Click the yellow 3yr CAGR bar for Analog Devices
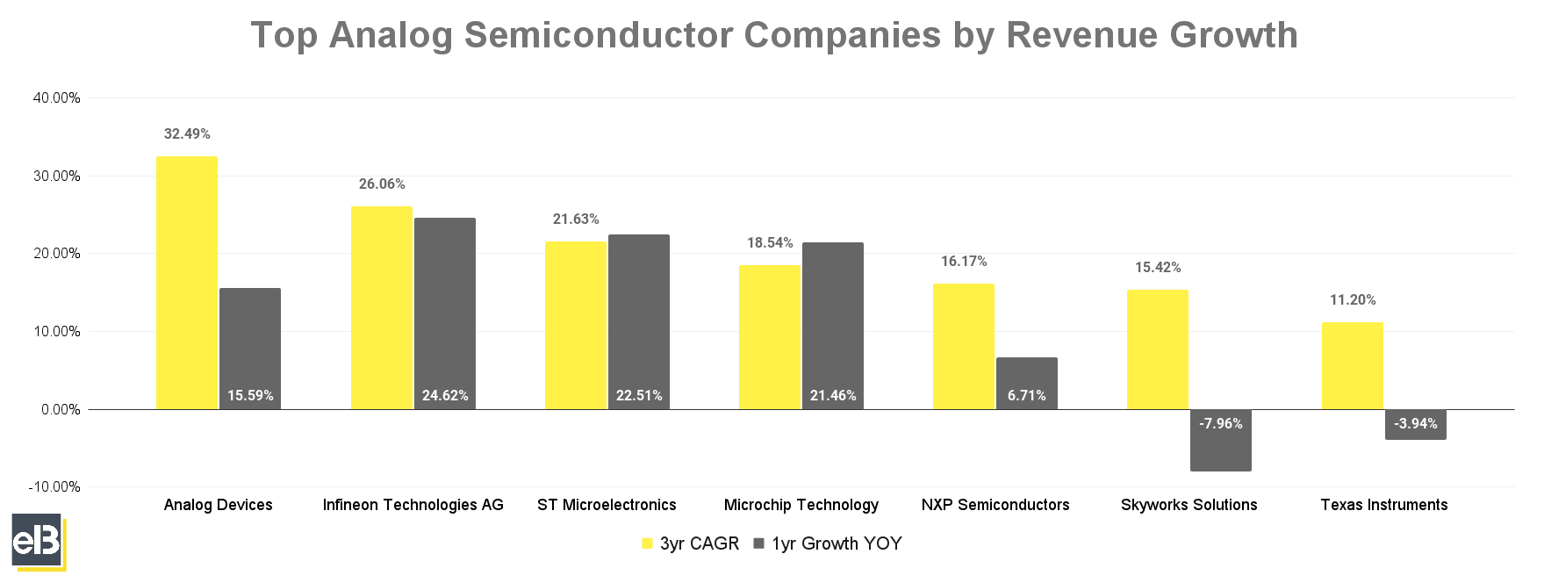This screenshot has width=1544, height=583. point(187,283)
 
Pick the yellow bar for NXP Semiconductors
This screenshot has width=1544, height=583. point(963,346)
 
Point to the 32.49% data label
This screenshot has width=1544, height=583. point(187,134)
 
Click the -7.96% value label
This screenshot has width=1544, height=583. point(1220,423)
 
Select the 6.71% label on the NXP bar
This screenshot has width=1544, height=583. point(1026,395)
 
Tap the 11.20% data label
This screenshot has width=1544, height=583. point(1353,300)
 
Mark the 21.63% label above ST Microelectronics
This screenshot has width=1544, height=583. point(576,220)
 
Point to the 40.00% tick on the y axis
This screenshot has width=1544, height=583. point(56,97)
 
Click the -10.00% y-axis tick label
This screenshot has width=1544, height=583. point(54,486)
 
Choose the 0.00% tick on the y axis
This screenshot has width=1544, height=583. point(61,409)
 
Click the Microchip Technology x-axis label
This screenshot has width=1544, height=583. point(801,505)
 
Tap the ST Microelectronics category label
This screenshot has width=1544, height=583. point(607,505)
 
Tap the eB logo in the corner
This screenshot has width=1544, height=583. point(38,541)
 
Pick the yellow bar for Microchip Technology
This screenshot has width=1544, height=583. point(769,337)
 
